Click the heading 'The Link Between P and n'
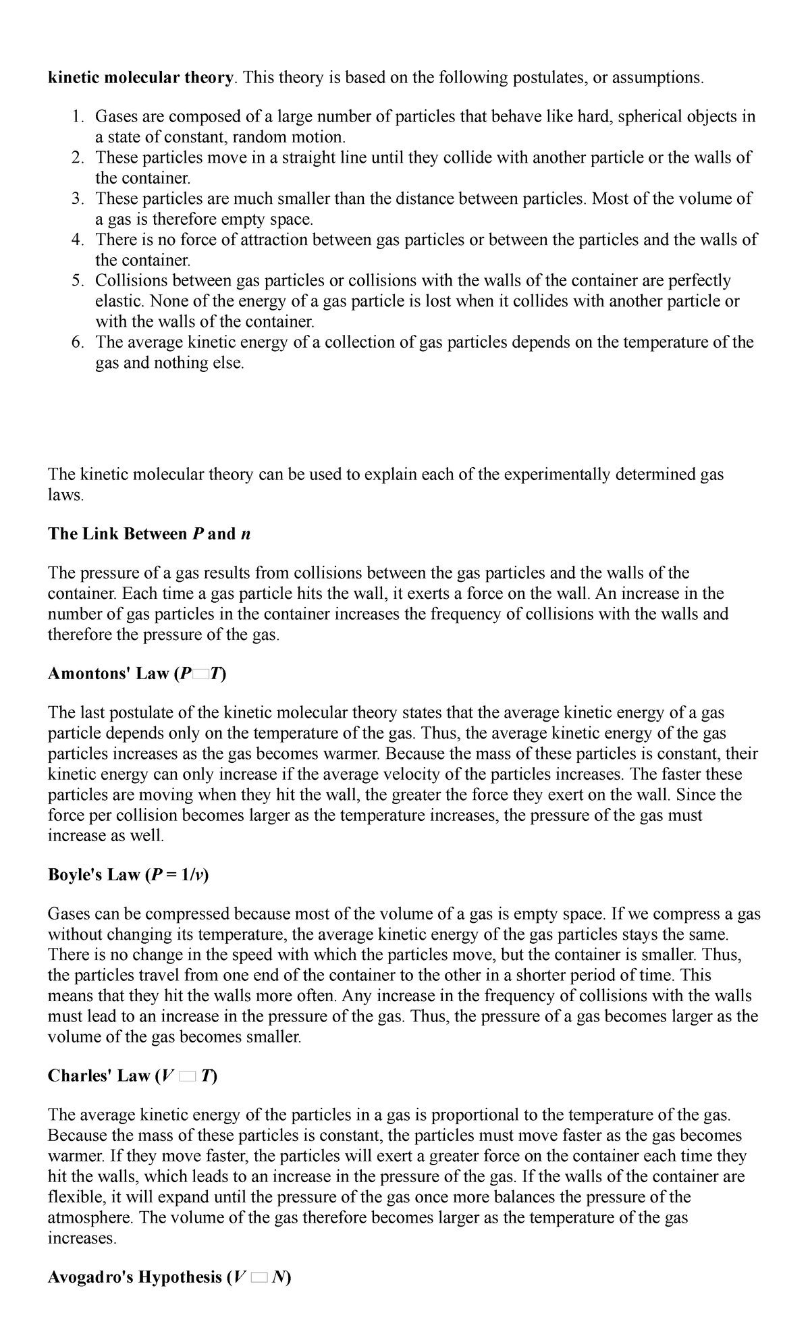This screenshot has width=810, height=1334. click(149, 534)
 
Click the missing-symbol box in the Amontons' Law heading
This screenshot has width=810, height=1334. click(201, 674)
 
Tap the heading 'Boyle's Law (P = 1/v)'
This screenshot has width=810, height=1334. click(128, 875)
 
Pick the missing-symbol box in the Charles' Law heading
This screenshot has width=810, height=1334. click(186, 1077)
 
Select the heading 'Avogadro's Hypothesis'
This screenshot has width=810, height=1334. click(135, 1277)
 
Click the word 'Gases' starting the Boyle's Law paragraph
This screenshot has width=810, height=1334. click(68, 914)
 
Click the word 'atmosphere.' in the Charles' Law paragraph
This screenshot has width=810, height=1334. click(90, 1218)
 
